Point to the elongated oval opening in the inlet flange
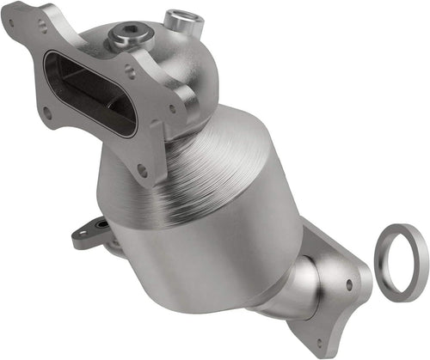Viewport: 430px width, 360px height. point(89,91)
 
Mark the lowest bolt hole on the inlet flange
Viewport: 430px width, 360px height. point(142,170)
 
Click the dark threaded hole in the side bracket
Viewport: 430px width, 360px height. point(101,225)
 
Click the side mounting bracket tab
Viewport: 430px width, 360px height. point(91,233)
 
